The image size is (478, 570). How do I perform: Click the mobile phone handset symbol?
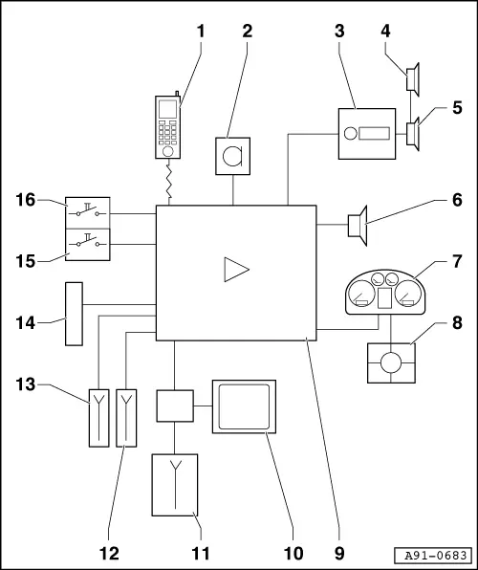(167, 126)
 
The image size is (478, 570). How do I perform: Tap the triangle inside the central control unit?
(236, 270)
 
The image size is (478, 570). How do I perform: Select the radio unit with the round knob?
(367, 134)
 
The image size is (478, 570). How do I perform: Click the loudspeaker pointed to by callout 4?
(413, 79)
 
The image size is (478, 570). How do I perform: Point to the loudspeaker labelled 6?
(358, 226)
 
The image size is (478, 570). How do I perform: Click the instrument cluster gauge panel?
(385, 293)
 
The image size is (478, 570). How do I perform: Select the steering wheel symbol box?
(391, 362)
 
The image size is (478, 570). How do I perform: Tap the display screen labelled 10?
(244, 406)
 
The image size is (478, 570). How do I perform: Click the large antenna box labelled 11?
(175, 485)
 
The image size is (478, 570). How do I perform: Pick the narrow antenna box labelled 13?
(98, 418)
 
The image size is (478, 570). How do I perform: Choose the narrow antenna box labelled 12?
(126, 418)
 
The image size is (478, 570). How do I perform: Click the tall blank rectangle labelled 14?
(74, 314)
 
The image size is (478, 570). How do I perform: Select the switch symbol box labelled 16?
(88, 213)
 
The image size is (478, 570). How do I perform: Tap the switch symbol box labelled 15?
(88, 245)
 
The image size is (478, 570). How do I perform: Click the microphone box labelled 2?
(232, 156)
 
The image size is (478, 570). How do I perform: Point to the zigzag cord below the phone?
(169, 182)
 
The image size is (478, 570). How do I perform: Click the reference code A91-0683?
(436, 556)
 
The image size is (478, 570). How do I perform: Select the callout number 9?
(338, 554)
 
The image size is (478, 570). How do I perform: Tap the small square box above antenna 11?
(175, 406)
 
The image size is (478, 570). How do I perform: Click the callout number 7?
(457, 261)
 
